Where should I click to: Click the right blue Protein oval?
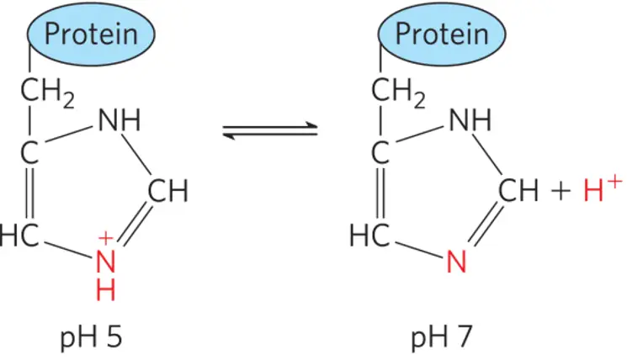tap(441, 35)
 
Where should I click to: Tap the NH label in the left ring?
tap(120, 122)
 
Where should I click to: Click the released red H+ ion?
tap(602, 193)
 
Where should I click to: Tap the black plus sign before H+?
tap(561, 194)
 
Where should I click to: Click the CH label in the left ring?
tap(167, 193)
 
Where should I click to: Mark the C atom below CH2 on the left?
tap(32, 155)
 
